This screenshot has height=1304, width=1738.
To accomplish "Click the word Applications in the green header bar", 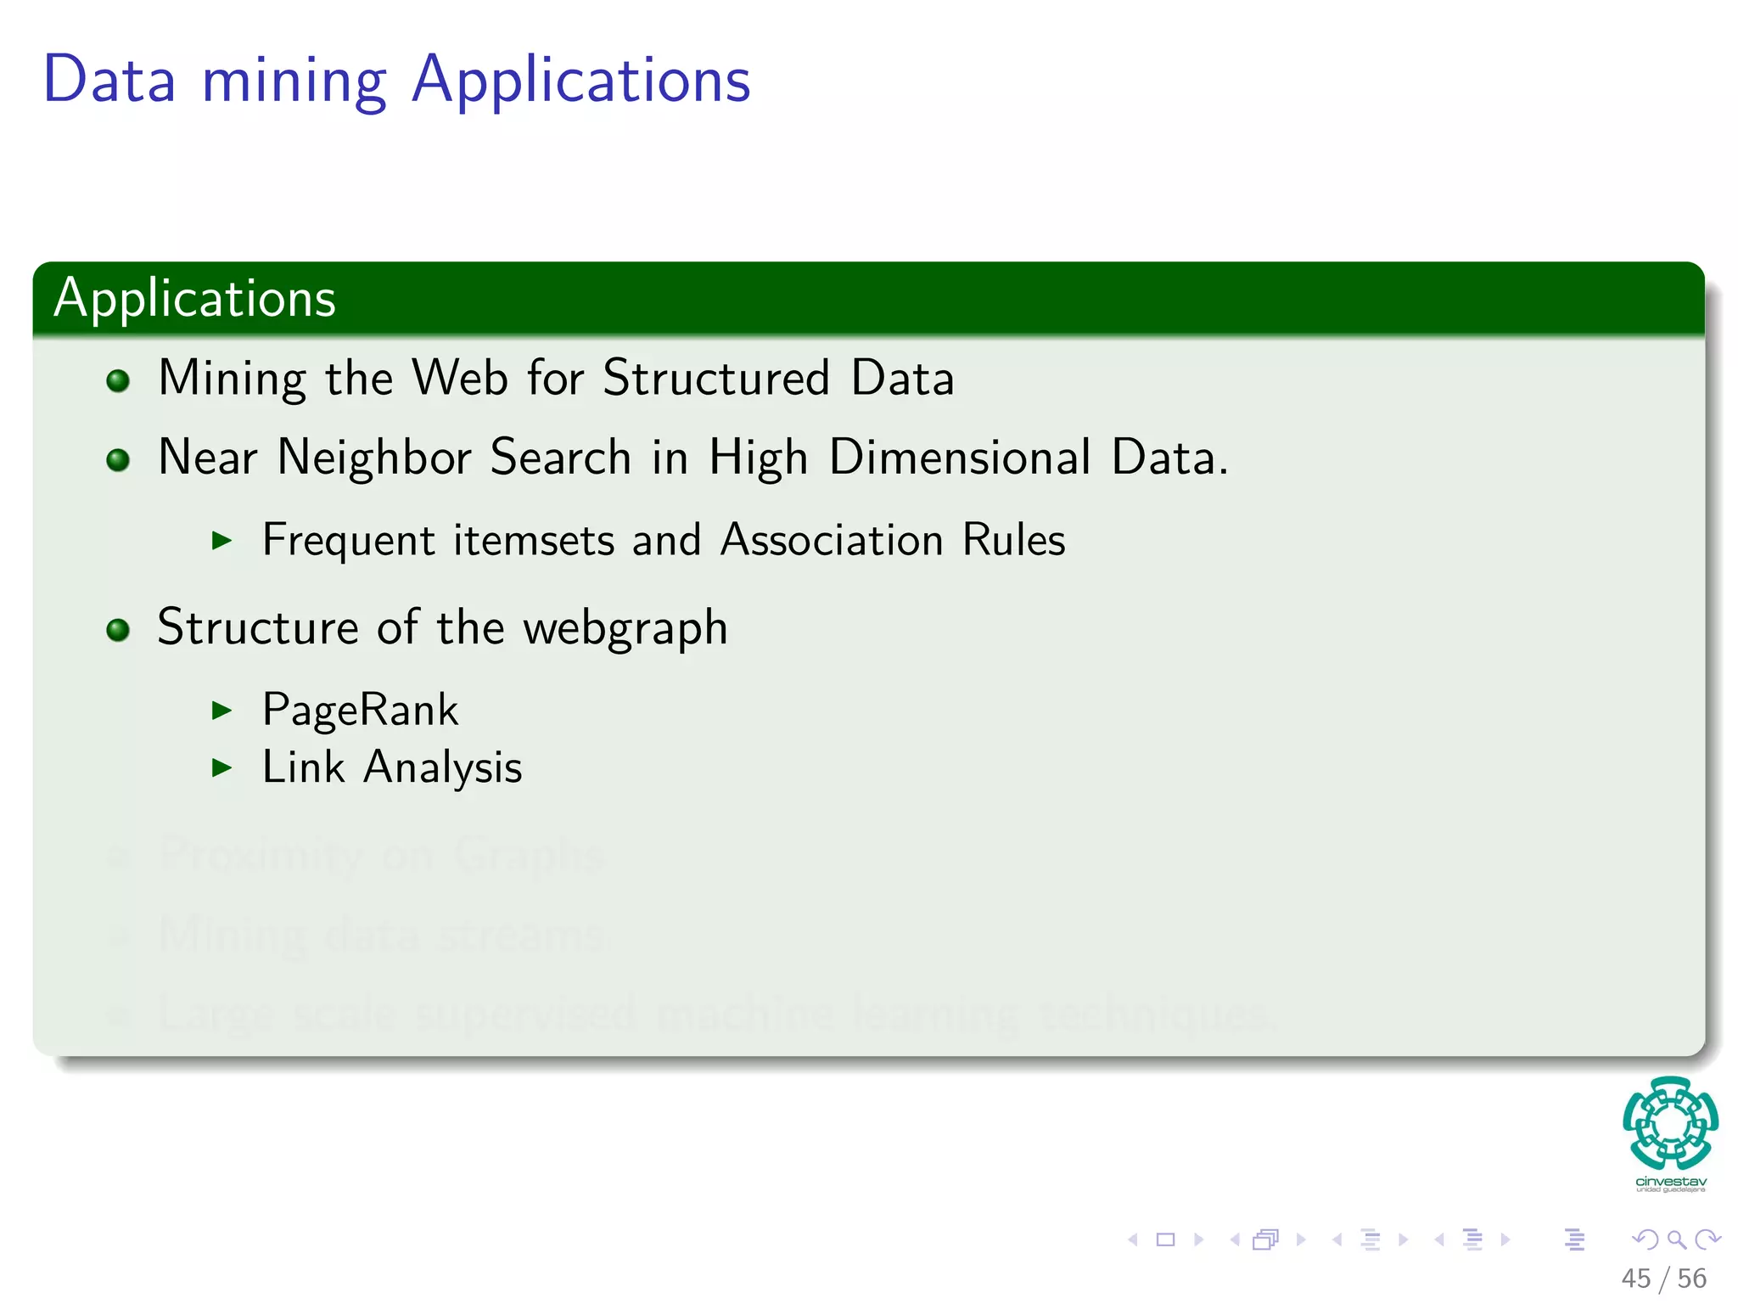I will point(194,299).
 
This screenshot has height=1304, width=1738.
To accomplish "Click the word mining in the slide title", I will point(294,81).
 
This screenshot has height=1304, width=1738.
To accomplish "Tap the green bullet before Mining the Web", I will point(118,380).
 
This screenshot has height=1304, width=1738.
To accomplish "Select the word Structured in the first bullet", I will point(715,378).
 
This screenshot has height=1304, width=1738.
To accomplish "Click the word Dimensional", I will point(959,458).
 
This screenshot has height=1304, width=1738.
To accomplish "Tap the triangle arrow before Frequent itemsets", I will point(221,540).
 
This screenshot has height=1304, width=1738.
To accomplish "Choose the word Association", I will point(831,540).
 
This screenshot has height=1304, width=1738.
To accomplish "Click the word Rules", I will point(1013,540).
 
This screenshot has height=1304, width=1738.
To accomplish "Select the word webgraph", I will point(625,629).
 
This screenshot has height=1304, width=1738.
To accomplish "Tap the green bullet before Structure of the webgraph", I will point(118,630).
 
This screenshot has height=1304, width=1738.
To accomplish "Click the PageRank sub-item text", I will point(360,710).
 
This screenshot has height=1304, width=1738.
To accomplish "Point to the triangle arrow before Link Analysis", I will point(221,767).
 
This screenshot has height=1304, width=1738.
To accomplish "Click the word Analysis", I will point(442,768).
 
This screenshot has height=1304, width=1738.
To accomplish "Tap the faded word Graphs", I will point(528,855).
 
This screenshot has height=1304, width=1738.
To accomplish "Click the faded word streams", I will point(521,934).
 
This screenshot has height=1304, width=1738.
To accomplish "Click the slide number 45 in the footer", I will point(1635,1279).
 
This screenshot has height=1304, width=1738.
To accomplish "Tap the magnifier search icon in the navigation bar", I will point(1676,1239).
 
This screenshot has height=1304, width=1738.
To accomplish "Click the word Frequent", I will point(349,541).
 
